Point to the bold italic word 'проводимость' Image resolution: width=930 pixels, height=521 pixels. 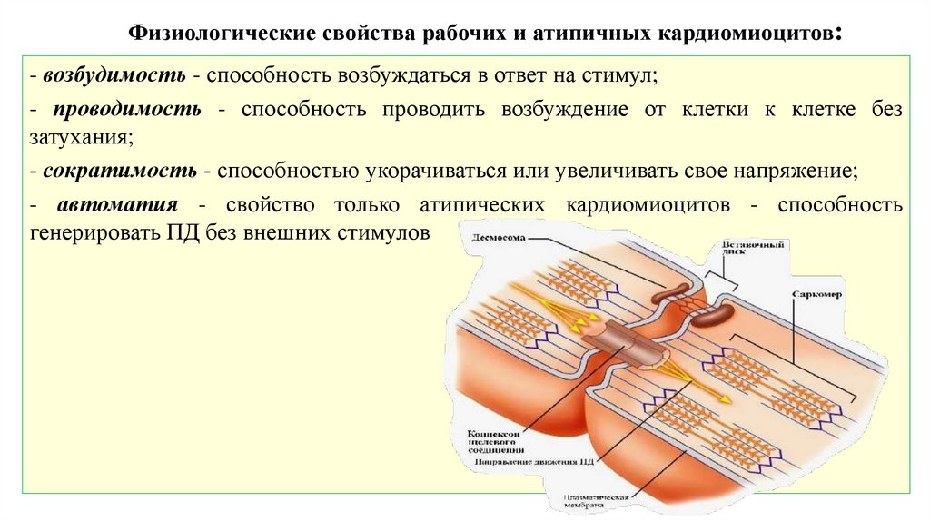pyautogui.click(x=126, y=110)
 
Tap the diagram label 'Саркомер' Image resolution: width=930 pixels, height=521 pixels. pyautogui.click(x=816, y=295)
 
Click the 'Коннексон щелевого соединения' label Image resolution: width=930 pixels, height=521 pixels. pyautogui.click(x=500, y=441)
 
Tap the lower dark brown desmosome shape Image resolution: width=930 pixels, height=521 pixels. pyautogui.click(x=713, y=312)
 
